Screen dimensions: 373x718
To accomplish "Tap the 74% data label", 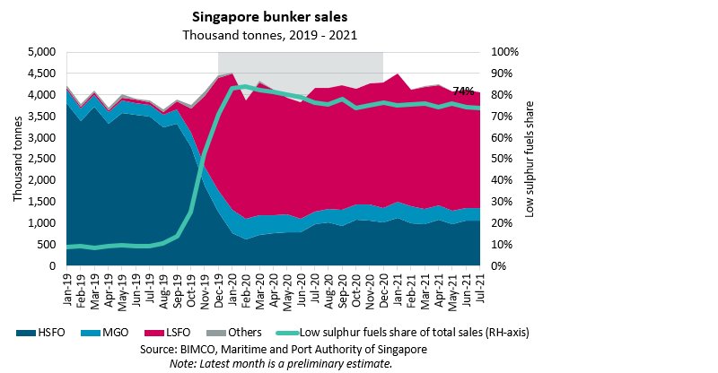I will coord(463,91).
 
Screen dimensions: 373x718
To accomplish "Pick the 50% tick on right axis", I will coord(504,159).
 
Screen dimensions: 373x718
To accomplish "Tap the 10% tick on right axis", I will coord(504,245).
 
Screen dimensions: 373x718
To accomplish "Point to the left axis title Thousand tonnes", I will coord(18,159).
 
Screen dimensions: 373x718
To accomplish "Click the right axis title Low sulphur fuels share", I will coord(529,159).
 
